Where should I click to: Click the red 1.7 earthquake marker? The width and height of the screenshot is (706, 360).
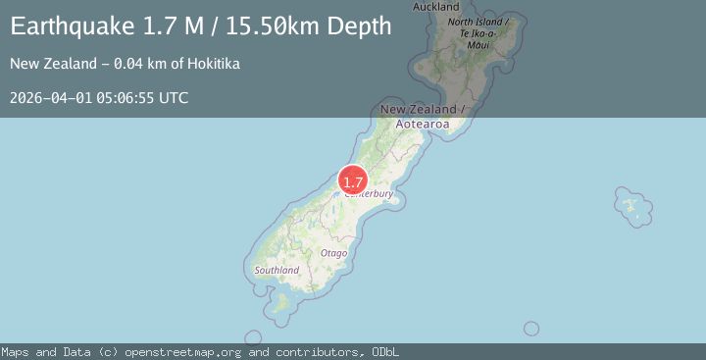pos(353,181)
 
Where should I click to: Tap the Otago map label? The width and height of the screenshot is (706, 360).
pos(333,253)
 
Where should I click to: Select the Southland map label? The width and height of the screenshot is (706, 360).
pos(277,270)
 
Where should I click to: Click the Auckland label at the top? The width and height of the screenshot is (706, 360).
pos(436,7)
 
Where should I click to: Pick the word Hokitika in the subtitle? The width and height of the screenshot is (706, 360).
pos(212,65)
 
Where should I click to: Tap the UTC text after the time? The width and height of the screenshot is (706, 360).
pos(174,97)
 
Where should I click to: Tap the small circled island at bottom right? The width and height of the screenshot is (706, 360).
pos(531,329)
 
